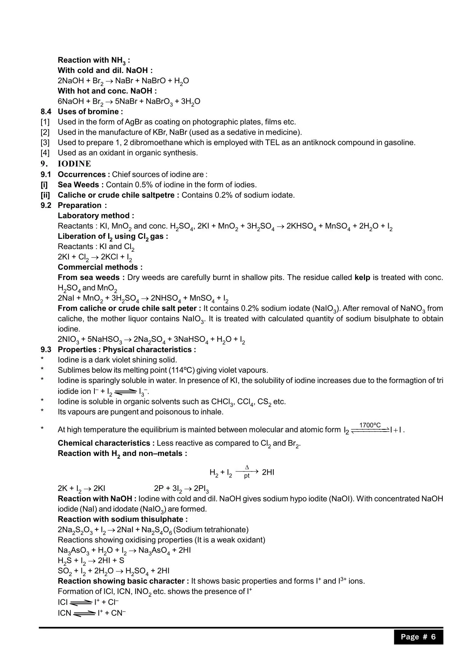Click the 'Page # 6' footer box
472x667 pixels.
click(x=418, y=637)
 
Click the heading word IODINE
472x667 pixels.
click(x=74, y=164)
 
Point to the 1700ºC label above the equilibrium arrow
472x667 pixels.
click(x=370, y=425)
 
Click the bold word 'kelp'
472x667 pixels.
click(x=362, y=278)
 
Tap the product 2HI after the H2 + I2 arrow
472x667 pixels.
click(x=268, y=472)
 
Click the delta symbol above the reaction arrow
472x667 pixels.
click(x=247, y=467)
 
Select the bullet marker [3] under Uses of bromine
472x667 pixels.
click(x=45, y=143)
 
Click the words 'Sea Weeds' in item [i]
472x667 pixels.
click(x=78, y=185)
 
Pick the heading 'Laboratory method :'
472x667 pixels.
click(x=96, y=216)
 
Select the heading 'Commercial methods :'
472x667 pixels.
click(x=100, y=267)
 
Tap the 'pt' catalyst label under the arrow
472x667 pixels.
click(x=247, y=476)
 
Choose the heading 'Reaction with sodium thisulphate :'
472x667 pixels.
click(x=122, y=519)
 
